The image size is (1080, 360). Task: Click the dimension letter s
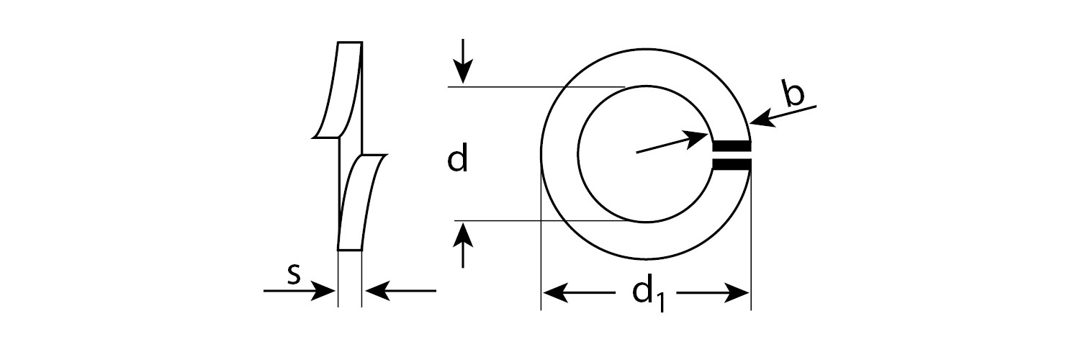[294, 275]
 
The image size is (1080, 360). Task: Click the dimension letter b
[793, 94]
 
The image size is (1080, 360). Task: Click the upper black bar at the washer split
[732, 145]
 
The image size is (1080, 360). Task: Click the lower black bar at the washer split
[732, 165]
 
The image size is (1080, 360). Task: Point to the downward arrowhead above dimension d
[463, 72]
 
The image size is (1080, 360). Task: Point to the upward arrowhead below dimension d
[463, 236]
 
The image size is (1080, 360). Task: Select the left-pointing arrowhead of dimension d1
[555, 292]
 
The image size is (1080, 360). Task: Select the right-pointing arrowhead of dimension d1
[737, 292]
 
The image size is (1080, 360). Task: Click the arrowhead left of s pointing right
[323, 291]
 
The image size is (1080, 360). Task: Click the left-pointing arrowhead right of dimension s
[378, 291]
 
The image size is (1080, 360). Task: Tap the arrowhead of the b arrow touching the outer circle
[762, 120]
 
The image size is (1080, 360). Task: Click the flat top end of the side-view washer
[350, 42]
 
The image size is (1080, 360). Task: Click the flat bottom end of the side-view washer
[349, 250]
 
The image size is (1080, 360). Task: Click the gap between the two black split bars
[732, 156]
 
